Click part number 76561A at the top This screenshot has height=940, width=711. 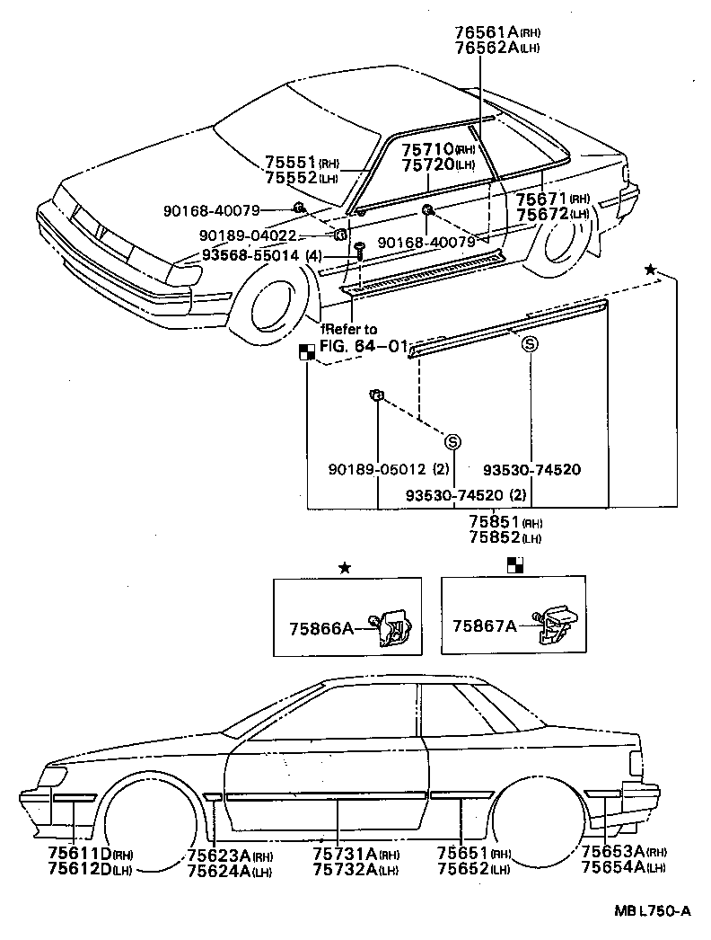tap(487, 31)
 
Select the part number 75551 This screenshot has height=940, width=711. tap(291, 163)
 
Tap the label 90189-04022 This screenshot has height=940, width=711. tap(248, 235)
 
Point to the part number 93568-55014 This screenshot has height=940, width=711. tap(250, 255)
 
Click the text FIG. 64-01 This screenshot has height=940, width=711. tap(364, 346)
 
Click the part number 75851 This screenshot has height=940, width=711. tap(494, 522)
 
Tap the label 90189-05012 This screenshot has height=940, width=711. tap(377, 469)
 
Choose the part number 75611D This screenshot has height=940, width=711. tap(80, 854)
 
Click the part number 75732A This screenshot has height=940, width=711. tap(345, 869)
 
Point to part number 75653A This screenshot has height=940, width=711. tap(613, 851)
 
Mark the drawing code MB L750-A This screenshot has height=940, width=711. tap(653, 911)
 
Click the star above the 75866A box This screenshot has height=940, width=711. tap(345, 568)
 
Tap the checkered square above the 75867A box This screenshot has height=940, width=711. tap(515, 564)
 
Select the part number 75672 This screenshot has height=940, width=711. tap(542, 214)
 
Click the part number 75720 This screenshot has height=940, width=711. tap(427, 164)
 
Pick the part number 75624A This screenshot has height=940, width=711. tap(219, 871)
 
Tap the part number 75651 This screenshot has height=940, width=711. tap(463, 853)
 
